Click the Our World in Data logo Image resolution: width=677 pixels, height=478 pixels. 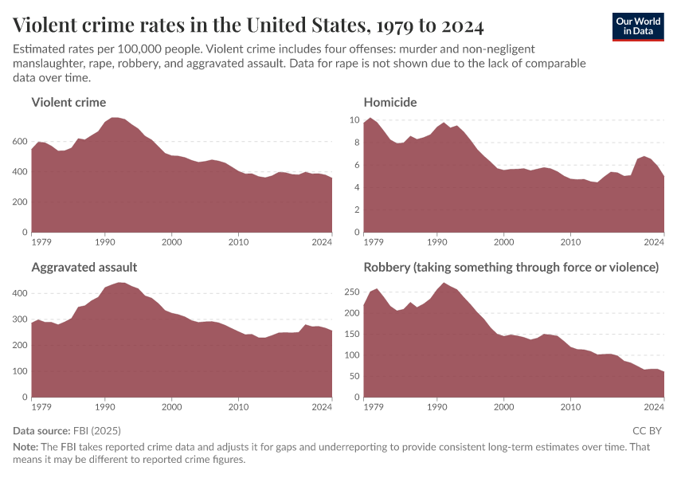coord(638,25)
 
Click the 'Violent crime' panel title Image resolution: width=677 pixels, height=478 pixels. coord(68,102)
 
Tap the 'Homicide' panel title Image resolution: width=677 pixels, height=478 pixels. coord(390,102)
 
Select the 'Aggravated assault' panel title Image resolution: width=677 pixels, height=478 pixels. coord(84,268)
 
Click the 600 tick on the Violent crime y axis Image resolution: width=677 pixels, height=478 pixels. coord(21,142)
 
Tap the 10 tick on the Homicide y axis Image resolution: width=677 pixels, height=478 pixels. coord(355,120)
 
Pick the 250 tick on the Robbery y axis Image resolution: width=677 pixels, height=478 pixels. coord(350,292)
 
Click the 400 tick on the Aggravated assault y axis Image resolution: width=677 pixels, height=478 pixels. coord(21,294)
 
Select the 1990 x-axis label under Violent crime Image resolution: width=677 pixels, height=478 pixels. coord(104,241)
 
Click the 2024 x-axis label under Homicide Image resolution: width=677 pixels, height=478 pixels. coord(654,241)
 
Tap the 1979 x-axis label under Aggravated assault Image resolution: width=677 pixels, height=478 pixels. coord(41,406)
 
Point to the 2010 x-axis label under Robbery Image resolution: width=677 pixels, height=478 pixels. coord(569,406)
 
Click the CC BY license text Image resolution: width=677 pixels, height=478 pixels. coord(648,430)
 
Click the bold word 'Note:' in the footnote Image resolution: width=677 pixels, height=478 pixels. coord(27,446)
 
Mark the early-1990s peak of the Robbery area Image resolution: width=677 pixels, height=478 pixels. coord(444,284)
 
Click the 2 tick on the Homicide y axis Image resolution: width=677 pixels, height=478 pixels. coord(358,210)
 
